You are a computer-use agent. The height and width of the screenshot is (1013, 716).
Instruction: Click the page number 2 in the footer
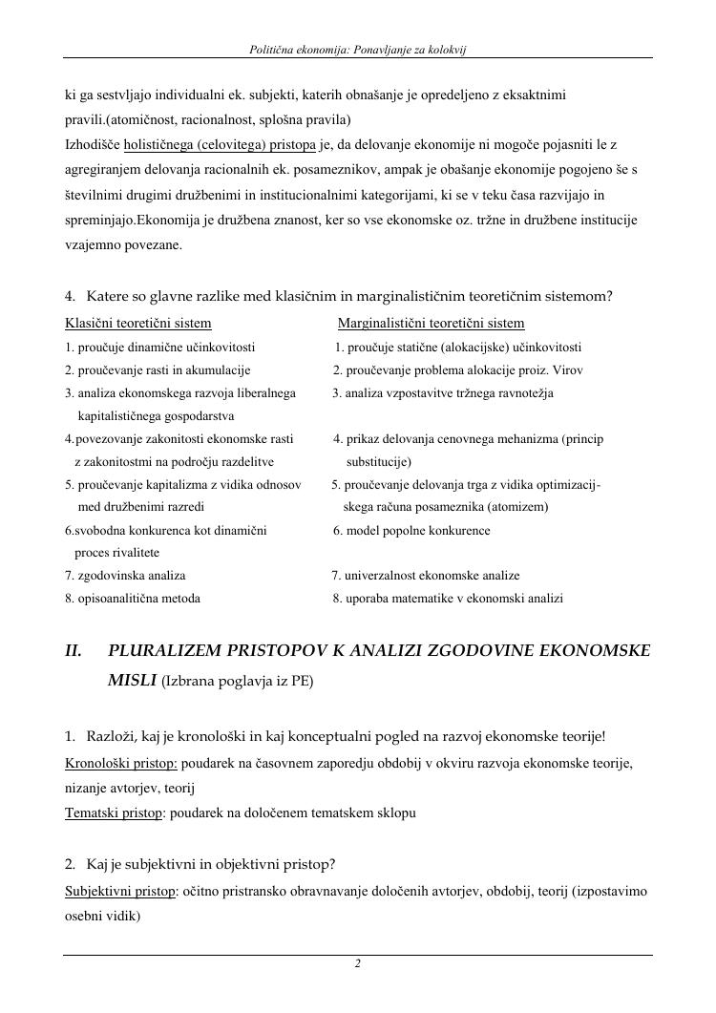click(358, 964)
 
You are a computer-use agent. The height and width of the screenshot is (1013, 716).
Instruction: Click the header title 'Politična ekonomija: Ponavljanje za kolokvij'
click(357, 48)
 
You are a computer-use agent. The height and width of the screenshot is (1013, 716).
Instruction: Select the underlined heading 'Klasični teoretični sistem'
click(138, 324)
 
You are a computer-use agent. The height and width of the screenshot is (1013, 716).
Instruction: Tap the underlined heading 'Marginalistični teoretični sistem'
click(431, 324)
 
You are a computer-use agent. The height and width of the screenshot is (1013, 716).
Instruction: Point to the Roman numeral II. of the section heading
click(74, 651)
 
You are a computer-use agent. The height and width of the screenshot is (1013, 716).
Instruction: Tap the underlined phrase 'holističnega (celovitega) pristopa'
click(233, 145)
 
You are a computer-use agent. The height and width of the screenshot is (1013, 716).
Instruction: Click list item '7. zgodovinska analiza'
click(125, 576)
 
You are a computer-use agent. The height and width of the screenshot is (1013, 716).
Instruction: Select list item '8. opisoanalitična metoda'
click(133, 599)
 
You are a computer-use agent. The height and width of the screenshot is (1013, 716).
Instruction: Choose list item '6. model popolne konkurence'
click(411, 531)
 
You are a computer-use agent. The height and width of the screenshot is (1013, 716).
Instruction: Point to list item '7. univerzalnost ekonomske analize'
click(426, 576)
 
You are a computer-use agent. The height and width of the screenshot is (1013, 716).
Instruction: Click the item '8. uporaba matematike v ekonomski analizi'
click(448, 599)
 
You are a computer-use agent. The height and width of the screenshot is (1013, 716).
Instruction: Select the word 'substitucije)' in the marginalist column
click(379, 462)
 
